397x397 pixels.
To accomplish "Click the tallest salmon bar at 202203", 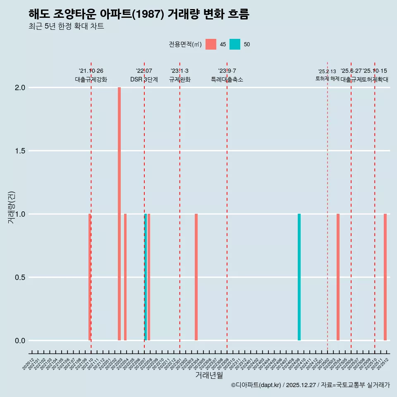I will click(119, 214).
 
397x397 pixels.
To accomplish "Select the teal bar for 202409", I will click(299, 277).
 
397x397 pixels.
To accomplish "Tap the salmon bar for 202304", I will click(196, 277).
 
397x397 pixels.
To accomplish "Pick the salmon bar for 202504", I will click(338, 277).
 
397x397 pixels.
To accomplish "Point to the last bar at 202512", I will click(385, 277).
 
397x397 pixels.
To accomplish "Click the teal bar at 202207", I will click(146, 277).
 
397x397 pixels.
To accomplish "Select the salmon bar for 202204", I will click(125, 277).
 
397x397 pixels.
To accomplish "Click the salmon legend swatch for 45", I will click(211, 44).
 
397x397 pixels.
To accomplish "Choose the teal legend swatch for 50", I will click(235, 44).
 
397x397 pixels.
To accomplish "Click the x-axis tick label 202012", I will click(28, 366).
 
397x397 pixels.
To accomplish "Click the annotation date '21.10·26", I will click(91, 71).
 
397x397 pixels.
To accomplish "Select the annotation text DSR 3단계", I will click(144, 79).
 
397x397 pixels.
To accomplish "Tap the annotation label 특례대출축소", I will click(227, 79).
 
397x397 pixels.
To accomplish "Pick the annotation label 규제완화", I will click(180, 79).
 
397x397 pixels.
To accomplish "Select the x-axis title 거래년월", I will click(209, 375).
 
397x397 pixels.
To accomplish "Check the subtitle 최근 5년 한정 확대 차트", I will click(66, 26).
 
